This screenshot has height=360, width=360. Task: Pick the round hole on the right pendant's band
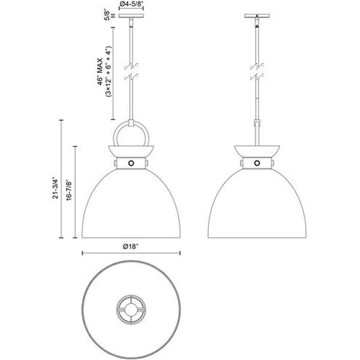tap(257, 163)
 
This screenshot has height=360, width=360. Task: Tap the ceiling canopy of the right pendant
tap(257, 17)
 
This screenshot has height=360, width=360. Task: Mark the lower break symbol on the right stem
tap(257, 77)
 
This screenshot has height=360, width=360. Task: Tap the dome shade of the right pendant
tap(257, 204)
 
